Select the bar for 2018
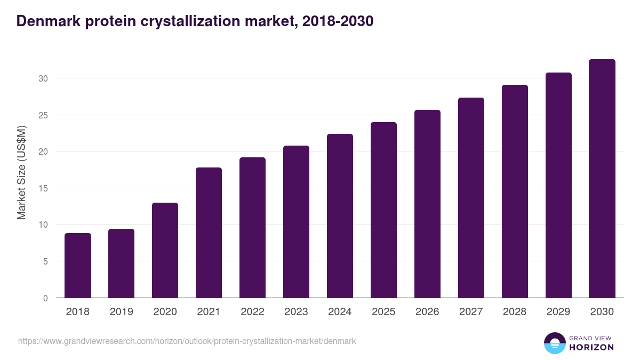78,266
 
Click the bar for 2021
209,233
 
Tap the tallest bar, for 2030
602,179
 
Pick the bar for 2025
383,210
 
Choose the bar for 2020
165,250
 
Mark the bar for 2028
515,191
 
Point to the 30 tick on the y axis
43,78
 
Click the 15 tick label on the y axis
43,188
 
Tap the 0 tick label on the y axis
45,298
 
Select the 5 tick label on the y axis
45,261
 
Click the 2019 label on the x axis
121,312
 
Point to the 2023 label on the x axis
296,312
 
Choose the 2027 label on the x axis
471,312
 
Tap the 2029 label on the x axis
558,312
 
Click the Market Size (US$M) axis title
21,172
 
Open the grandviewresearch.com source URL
187,341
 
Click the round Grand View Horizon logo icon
555,343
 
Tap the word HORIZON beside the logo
591,347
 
